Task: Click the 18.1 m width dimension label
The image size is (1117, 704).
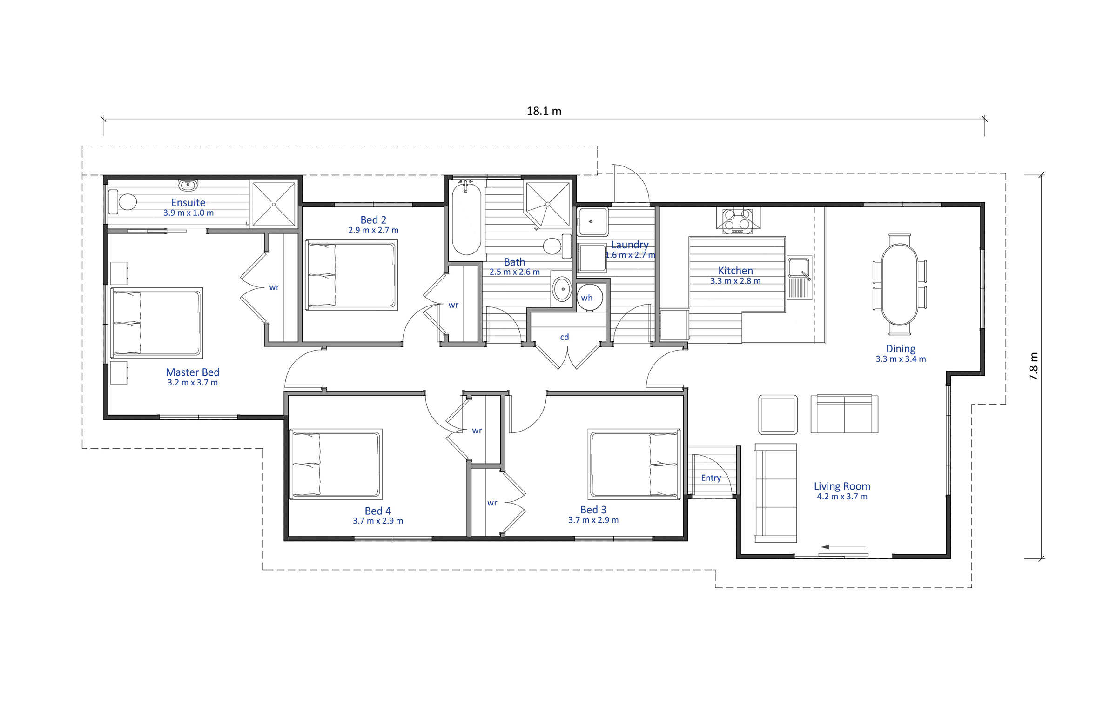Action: coord(544,111)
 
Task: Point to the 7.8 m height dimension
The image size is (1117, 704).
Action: coord(1033,366)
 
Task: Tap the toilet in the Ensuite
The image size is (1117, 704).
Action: coord(122,202)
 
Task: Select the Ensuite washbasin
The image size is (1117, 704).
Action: coord(188,185)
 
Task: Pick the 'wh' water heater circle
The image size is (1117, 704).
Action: coord(590,298)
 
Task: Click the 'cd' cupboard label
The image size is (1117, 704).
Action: coord(565,337)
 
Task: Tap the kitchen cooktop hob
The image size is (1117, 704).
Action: coord(738,221)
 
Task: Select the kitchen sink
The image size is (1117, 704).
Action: coord(799,277)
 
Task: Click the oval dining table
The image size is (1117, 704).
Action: coord(900,284)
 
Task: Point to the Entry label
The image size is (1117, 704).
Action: coord(711,478)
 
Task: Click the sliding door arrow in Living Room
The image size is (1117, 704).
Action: coord(843,547)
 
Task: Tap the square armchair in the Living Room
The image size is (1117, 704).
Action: coord(778,415)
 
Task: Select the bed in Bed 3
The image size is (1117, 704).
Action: coord(634,464)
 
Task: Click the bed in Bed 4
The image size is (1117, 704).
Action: coord(336,464)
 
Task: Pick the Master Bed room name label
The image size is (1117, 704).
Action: coord(193,372)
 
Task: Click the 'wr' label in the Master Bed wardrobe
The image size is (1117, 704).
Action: coord(274,287)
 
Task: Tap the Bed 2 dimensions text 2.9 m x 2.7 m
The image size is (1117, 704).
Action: coord(373,230)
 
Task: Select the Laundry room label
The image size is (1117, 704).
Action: coord(630,245)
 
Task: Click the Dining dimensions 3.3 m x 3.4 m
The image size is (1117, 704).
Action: coord(901,359)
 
